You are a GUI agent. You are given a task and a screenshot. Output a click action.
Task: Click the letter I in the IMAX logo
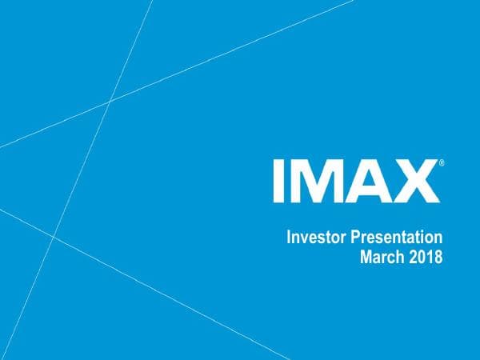tap(279, 180)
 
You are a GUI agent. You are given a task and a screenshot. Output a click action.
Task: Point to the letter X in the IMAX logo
tap(414, 180)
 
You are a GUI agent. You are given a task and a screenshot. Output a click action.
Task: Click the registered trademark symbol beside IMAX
tap(442, 163)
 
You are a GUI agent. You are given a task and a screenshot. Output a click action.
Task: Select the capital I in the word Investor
tap(289, 238)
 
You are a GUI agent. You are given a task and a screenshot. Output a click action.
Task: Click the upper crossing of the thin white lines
tap(110, 101)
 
